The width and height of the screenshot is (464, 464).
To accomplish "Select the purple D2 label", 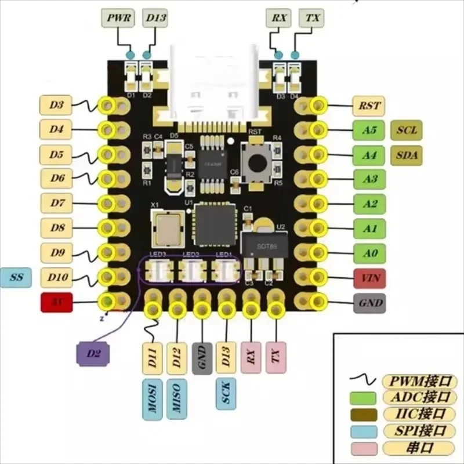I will click(x=95, y=353).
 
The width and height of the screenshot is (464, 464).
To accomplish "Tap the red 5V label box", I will click(x=56, y=303).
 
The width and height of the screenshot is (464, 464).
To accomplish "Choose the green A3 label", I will click(x=370, y=179).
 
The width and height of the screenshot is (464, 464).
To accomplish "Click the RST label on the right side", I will click(x=370, y=106).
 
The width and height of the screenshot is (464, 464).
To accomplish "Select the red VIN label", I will click(x=370, y=278).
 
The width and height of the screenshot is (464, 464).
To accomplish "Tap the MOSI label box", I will click(x=153, y=400).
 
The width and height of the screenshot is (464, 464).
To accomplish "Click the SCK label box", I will click(x=226, y=394).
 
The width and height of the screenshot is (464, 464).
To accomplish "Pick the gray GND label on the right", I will click(x=370, y=303).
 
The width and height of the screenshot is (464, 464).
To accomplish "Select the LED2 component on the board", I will click(x=191, y=270).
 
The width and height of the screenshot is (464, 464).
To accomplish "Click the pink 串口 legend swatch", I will click(x=364, y=448).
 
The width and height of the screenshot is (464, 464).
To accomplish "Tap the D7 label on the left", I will click(x=56, y=204).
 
